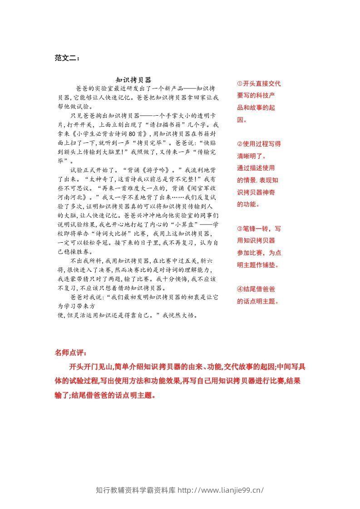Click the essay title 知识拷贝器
133,79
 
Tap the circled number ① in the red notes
240,83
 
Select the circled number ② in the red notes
240,144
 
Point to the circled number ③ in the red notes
240,229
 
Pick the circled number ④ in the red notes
240,289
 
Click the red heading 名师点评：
70,352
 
